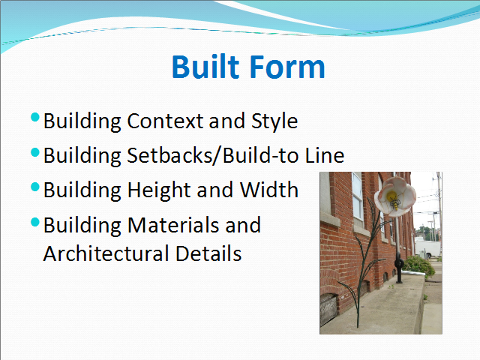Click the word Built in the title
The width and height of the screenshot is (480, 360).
(x=205, y=67)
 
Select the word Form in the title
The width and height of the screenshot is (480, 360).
(x=287, y=67)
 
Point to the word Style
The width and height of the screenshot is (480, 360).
(x=274, y=121)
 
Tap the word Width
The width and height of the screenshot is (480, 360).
(x=268, y=190)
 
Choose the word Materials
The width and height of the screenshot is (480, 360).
(x=173, y=225)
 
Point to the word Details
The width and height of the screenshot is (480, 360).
(x=208, y=253)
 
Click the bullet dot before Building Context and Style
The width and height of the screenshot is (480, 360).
(x=35, y=117)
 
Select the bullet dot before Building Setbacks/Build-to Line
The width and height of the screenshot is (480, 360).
(x=35, y=152)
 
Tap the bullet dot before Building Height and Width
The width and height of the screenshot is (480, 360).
(x=35, y=187)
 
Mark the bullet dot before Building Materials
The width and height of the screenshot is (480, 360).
(x=35, y=222)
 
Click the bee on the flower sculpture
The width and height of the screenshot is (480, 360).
(x=395, y=202)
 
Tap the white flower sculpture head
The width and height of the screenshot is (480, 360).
(x=395, y=196)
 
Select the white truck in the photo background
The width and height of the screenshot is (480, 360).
(x=427, y=248)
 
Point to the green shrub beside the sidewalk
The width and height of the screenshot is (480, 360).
(x=418, y=265)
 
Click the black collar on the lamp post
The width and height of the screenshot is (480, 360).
(x=399, y=263)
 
